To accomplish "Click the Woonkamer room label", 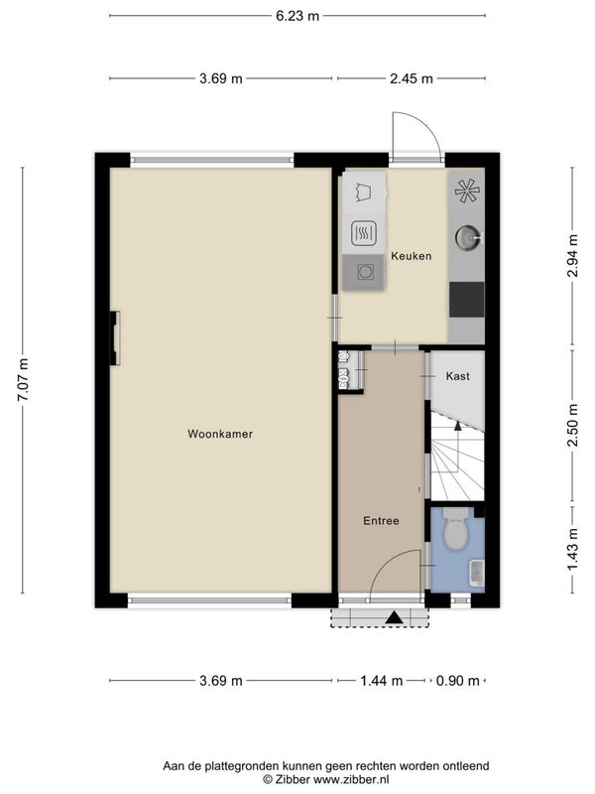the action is tap(220, 434).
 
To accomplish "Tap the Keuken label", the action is tap(412, 256).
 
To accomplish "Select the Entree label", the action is tap(381, 520).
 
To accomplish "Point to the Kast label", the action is tap(457, 376).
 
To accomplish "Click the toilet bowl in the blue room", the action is tap(456, 534).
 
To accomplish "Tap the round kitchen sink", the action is tap(467, 237).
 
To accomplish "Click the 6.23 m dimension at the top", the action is tap(297, 16).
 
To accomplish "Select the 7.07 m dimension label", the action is tap(23, 380).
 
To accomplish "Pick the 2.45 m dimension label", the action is tap(412, 78).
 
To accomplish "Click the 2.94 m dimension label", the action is tap(572, 256).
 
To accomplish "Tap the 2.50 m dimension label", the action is tap(572, 426).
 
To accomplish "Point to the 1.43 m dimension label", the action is tap(572, 550).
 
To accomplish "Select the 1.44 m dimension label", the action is tap(382, 681).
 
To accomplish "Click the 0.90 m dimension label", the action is tap(457, 681).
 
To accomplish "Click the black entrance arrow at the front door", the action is tap(394, 617).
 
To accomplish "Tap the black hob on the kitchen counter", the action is tap(466, 300).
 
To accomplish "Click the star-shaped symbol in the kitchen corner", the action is tap(467, 190).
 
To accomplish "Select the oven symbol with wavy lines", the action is tap(364, 233).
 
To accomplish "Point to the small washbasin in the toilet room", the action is tap(477, 573).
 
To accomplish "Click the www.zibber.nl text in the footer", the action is tap(351, 779).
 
